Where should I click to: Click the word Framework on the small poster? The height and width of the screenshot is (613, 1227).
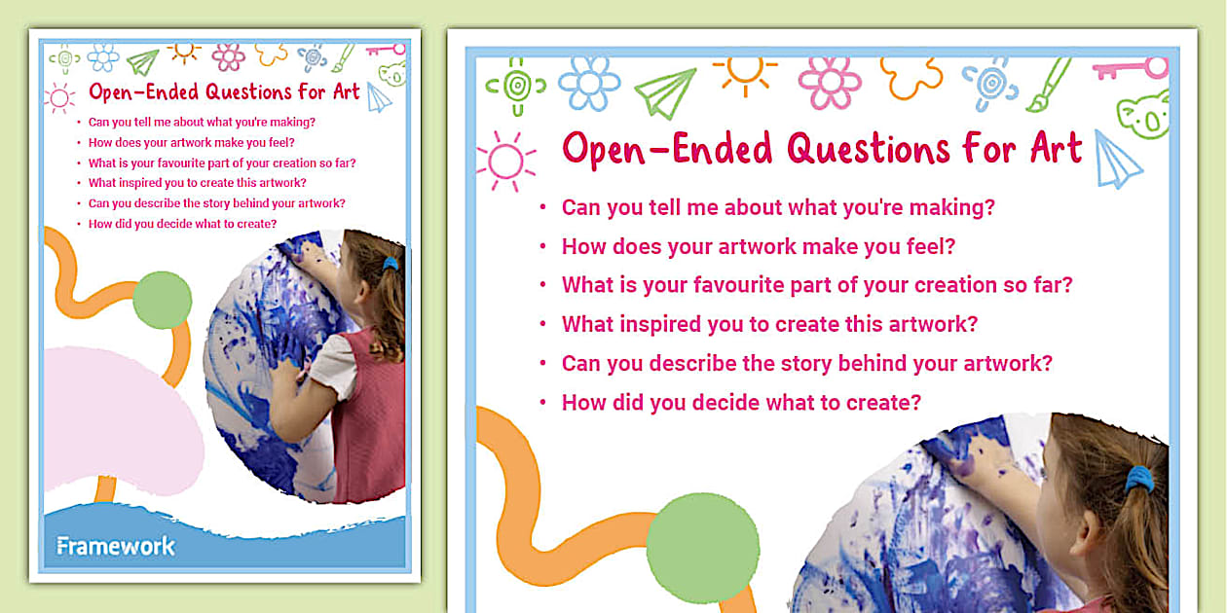pos(116,546)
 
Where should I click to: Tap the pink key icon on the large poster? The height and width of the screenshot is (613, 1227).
pos(1130,69)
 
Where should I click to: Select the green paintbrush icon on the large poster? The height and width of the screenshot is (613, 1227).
pos(1049,84)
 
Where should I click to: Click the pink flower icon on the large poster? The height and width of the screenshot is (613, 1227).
pos(830,83)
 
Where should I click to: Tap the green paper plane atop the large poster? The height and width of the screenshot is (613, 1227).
pos(665,92)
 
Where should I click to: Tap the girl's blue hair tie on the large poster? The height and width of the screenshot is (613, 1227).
pos(1138,479)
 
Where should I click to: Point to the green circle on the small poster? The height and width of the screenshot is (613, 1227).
pos(162,300)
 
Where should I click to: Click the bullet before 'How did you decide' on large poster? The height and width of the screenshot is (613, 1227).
pos(542,403)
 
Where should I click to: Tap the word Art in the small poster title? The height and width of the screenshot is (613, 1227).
pos(349,92)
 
